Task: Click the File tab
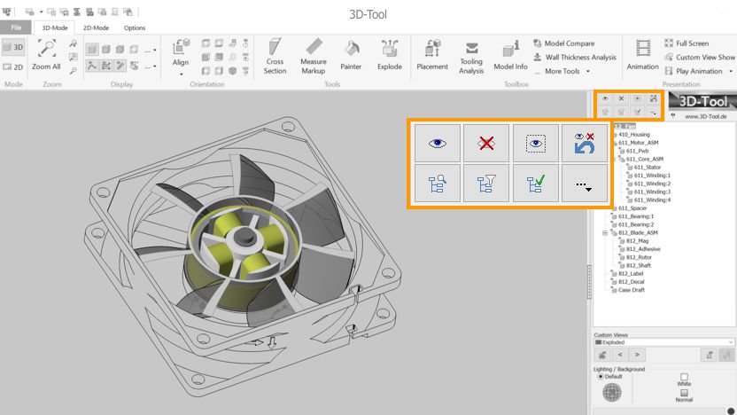pos(15,27)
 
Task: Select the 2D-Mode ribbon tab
pos(96,27)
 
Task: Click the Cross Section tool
pos(275,55)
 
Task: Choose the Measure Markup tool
pos(314,55)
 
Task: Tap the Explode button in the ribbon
pos(390,55)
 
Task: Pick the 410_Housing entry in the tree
pos(633,135)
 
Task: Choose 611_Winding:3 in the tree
pos(652,192)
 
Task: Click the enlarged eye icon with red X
pos(486,143)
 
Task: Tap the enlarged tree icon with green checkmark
pos(535,182)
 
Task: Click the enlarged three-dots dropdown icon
pos(584,183)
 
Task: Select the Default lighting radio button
pos(601,377)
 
